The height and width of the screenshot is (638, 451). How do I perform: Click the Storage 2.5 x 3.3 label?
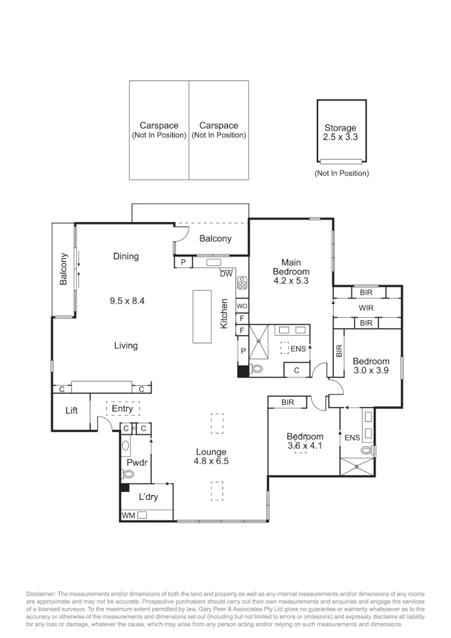click(x=340, y=132)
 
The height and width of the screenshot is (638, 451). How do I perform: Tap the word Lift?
click(x=71, y=411)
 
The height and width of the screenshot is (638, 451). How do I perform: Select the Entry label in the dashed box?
click(x=123, y=409)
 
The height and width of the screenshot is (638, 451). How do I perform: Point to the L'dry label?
click(x=148, y=497)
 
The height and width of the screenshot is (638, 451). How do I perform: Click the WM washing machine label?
click(x=128, y=516)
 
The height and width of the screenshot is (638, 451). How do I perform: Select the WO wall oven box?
click(x=242, y=306)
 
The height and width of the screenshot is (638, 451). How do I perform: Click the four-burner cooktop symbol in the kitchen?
click(x=242, y=284)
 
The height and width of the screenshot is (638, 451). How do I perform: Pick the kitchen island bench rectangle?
click(x=202, y=316)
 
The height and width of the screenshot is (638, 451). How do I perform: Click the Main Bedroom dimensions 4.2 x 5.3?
click(x=290, y=281)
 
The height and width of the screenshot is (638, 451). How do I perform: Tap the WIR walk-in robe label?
click(x=366, y=308)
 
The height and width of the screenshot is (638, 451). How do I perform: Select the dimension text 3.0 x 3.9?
click(x=371, y=371)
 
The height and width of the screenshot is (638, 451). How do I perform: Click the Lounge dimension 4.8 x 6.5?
click(x=211, y=461)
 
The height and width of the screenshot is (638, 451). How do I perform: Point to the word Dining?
click(x=126, y=256)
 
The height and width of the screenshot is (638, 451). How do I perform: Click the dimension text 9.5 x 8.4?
click(x=127, y=301)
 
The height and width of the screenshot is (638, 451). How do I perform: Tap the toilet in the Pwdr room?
click(x=129, y=473)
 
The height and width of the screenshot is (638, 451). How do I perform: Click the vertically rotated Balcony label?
click(x=64, y=270)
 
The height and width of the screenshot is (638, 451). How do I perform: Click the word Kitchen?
click(x=224, y=314)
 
